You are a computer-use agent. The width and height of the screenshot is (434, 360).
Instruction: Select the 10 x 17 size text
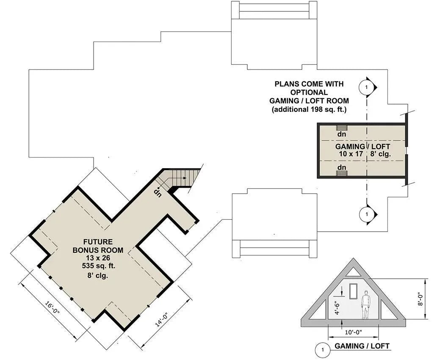click(x=351, y=154)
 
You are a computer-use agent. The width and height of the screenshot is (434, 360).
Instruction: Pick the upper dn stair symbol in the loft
click(x=342, y=127)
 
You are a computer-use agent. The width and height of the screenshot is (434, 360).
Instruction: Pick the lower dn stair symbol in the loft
click(x=342, y=168)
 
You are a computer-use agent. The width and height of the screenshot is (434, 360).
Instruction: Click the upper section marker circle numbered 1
click(x=366, y=87)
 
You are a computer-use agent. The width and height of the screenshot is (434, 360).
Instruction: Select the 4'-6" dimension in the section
click(x=337, y=306)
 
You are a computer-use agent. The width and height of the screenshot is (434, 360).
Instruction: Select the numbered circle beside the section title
click(x=323, y=350)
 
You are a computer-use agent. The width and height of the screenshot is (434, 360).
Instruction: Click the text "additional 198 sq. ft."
click(x=309, y=110)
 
